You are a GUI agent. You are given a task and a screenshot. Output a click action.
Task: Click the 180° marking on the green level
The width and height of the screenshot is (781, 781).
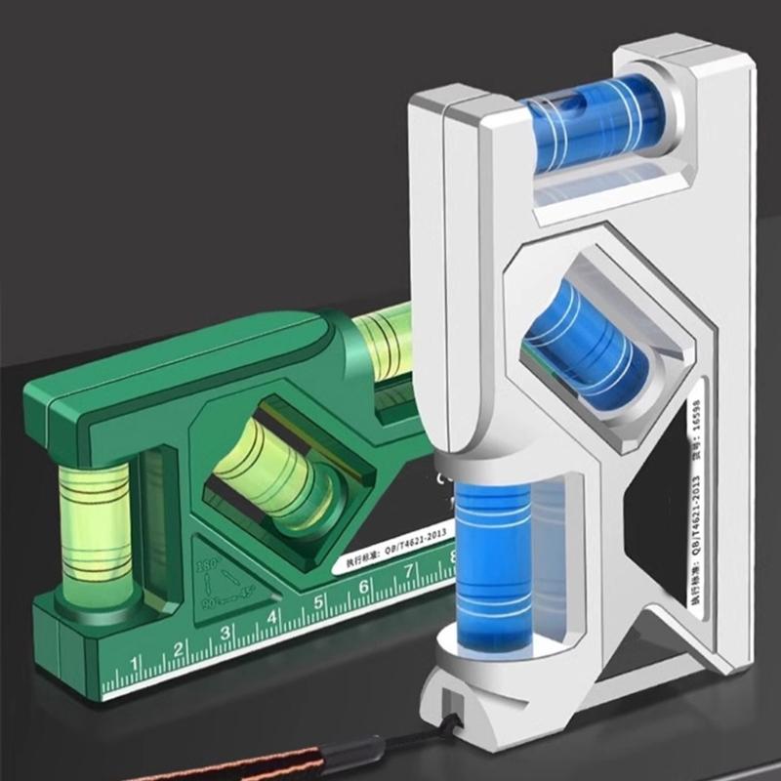point(206,567)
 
